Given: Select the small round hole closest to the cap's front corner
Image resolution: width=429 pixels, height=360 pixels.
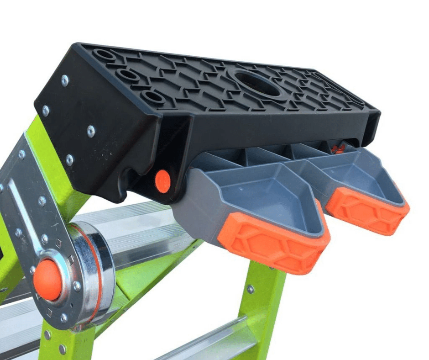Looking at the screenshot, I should coord(151,97).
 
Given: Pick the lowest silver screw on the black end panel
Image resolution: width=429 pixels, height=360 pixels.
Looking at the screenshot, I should coord(69,159).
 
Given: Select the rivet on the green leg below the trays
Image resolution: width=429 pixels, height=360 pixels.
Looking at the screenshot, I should coord(250,289).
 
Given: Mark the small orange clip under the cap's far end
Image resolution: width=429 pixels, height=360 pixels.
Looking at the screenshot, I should coord(337,148).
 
